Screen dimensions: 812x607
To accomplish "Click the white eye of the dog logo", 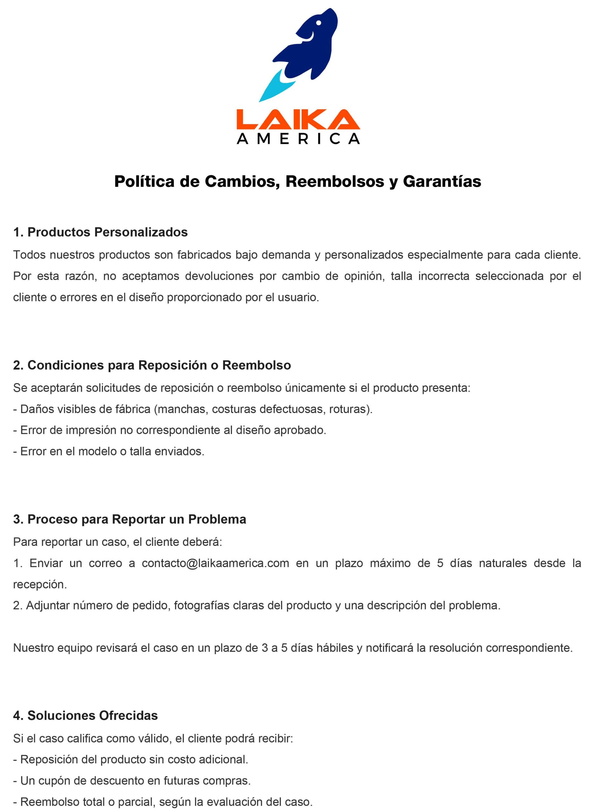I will click(318, 23).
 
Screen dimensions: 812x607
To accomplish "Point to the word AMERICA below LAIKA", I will click(298, 139).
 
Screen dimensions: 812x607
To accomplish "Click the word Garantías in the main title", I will click(442, 182).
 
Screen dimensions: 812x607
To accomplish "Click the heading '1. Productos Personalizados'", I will click(100, 232).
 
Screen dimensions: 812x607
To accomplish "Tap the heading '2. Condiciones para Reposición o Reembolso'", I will click(152, 365).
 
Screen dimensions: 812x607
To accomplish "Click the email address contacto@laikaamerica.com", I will click(215, 563).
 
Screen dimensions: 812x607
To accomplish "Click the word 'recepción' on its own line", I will click(39, 584).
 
